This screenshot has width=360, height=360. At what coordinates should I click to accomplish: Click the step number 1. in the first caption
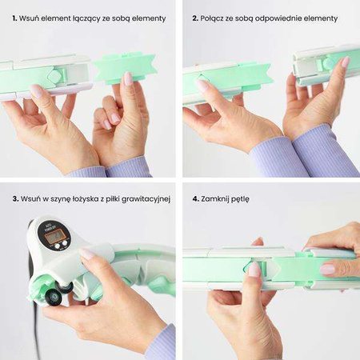click(x=14, y=18)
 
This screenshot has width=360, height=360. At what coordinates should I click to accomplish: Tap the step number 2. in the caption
click(x=195, y=18)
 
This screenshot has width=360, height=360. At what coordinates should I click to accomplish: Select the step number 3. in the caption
click(x=15, y=199)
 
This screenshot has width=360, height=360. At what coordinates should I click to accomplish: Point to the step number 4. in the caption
click(x=196, y=199)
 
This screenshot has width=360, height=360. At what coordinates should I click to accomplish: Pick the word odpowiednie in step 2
click(x=278, y=19)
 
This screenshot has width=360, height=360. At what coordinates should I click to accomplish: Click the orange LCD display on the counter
click(x=54, y=236)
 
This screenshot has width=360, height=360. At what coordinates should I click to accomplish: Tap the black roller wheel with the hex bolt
click(x=54, y=297)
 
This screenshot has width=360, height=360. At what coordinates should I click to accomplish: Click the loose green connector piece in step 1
click(x=124, y=68)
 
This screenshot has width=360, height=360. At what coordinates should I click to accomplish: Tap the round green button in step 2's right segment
click(x=327, y=64)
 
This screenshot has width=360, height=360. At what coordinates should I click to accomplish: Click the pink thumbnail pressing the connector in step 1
click(x=128, y=78)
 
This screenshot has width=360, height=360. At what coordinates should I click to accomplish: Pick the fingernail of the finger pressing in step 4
click(x=254, y=269)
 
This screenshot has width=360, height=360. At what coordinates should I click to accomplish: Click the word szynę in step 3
click(x=59, y=199)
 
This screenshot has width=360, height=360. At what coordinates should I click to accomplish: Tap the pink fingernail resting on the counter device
click(x=87, y=253)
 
